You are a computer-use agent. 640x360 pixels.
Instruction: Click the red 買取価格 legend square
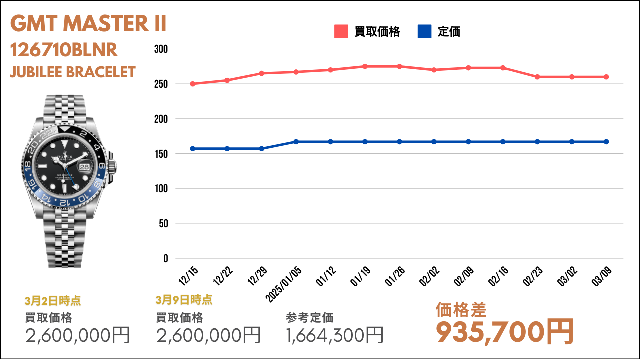pyautogui.click(x=341, y=31)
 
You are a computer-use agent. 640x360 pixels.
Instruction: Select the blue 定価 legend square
pyautogui.click(x=424, y=31)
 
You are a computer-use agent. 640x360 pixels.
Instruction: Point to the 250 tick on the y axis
pyautogui.click(x=161, y=84)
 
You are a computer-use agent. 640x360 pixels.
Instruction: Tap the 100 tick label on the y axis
pyautogui.click(x=161, y=189)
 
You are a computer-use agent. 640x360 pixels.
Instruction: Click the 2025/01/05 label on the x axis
pyautogui.click(x=284, y=284)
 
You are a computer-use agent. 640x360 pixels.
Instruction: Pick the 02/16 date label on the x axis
pyautogui.click(x=499, y=276)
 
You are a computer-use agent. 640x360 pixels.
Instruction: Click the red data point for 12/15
pyautogui.click(x=193, y=84)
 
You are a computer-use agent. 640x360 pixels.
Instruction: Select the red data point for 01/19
pyautogui.click(x=365, y=66)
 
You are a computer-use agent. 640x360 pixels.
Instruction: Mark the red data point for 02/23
pyautogui.click(x=537, y=77)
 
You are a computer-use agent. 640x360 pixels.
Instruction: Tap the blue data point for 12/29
pyautogui.click(x=261, y=149)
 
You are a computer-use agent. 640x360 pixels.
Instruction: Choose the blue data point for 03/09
pyautogui.click(x=606, y=142)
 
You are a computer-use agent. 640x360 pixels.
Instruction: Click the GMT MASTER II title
pyautogui.click(x=88, y=23)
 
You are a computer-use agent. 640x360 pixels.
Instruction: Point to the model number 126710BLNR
pyautogui.click(x=64, y=50)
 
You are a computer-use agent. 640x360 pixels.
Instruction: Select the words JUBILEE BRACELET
pyautogui.click(x=73, y=72)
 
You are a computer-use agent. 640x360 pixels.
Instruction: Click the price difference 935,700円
pyautogui.click(x=505, y=332)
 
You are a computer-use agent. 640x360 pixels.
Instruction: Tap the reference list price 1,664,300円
pyautogui.click(x=334, y=335)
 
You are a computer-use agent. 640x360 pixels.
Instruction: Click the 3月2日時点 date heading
pyautogui.click(x=53, y=301)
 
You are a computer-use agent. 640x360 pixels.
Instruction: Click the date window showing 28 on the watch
pyautogui.click(x=84, y=167)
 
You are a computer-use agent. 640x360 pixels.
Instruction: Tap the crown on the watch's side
pyautogui.click(x=112, y=167)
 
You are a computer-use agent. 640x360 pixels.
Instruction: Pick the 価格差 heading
pyautogui.click(x=461, y=310)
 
